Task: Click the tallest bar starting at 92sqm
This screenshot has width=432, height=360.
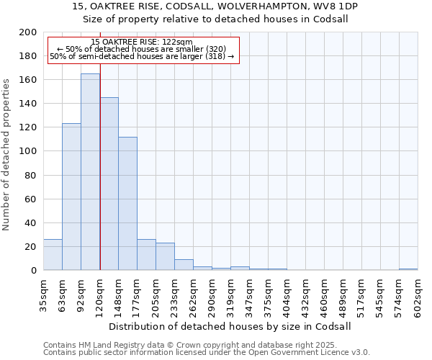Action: click(x=90, y=173)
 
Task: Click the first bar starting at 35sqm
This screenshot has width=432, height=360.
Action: click(x=53, y=255)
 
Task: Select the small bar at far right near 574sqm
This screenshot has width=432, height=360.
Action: click(x=408, y=269)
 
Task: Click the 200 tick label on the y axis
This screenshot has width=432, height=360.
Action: click(x=27, y=32)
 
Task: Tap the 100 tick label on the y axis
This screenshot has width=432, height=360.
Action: click(x=27, y=151)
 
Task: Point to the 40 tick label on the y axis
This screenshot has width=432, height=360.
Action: click(x=30, y=222)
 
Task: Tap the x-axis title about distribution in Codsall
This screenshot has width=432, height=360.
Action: click(x=230, y=326)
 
